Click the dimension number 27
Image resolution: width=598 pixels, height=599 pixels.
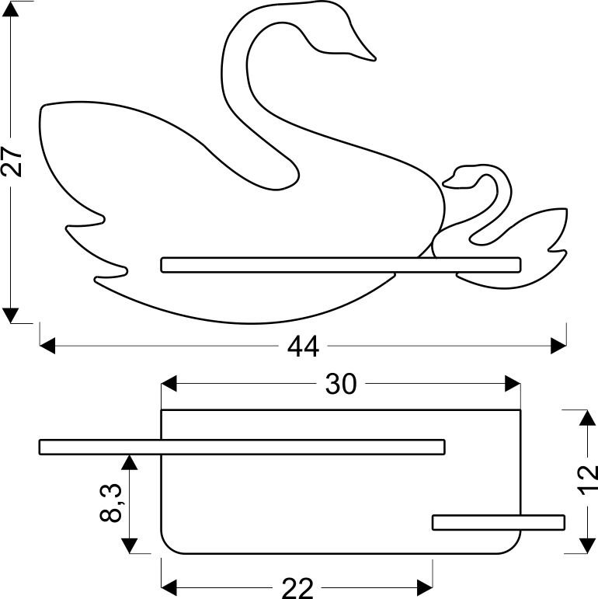click(12, 162)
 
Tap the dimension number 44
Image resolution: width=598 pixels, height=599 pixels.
click(303, 347)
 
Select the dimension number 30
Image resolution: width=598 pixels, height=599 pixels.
click(341, 384)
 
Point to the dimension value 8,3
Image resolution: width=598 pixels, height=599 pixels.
click(111, 503)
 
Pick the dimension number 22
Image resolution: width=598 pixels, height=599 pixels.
click(297, 588)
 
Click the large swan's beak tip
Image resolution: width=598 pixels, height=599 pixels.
click(374, 59)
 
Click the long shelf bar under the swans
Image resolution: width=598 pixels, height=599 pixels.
click(341, 265)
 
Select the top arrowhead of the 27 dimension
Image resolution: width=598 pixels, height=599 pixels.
click(10, 9)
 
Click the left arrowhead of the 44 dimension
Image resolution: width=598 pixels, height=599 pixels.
click(47, 346)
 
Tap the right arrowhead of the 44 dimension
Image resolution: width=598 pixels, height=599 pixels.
click(558, 346)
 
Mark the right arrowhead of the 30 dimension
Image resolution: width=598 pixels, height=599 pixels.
click(513, 384)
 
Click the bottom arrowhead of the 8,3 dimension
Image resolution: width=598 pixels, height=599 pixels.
click(130, 545)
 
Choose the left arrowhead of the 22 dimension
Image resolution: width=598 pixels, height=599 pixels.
click(169, 587)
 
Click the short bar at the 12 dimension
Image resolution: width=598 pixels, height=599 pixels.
click(499, 523)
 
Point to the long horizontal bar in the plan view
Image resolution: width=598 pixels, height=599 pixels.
click(242, 447)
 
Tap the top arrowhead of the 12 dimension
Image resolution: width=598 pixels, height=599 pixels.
click(587, 417)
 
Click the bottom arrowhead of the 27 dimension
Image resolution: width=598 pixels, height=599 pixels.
click(10, 315)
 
